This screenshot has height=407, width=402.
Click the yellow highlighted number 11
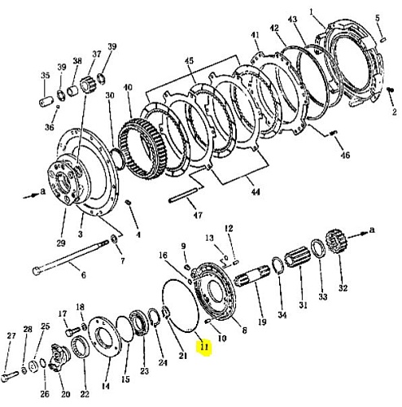click(204, 347)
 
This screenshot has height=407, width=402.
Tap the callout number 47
click(198, 215)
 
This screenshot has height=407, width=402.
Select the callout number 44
click(256, 192)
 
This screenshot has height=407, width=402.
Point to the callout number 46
click(345, 155)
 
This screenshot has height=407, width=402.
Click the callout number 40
click(128, 87)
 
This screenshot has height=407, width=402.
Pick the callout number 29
click(61, 243)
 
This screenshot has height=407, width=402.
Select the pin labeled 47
click(182, 195)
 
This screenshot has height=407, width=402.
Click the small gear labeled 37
click(89, 85)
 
